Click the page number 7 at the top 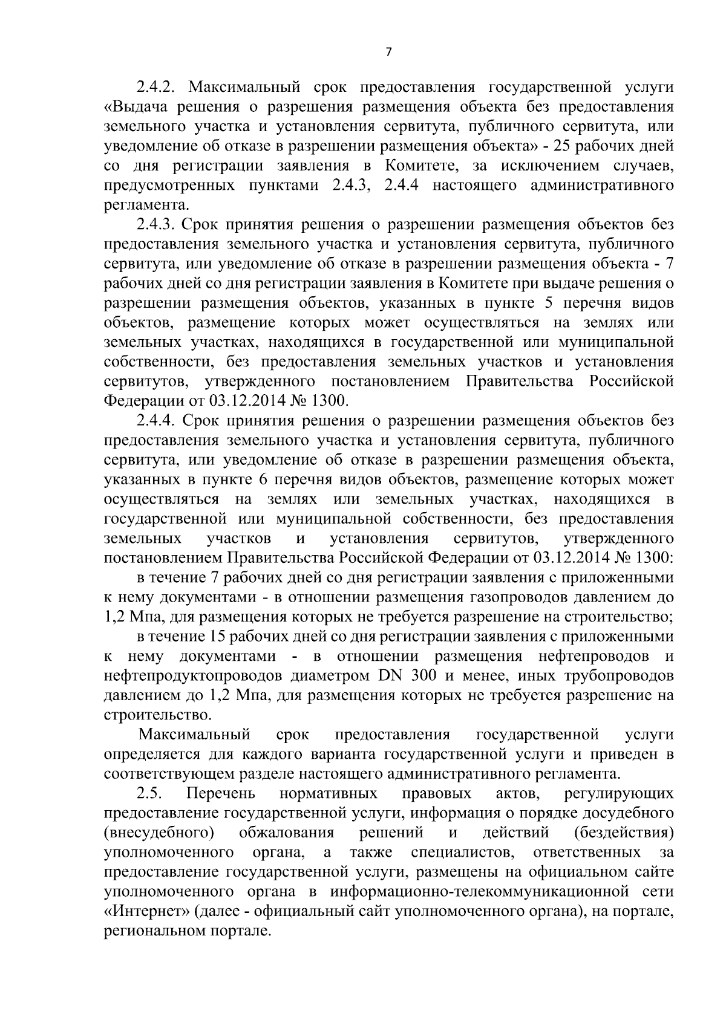tap(388, 52)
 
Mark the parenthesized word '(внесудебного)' tap(159, 833)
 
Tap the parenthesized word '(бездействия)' tap(624, 833)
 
